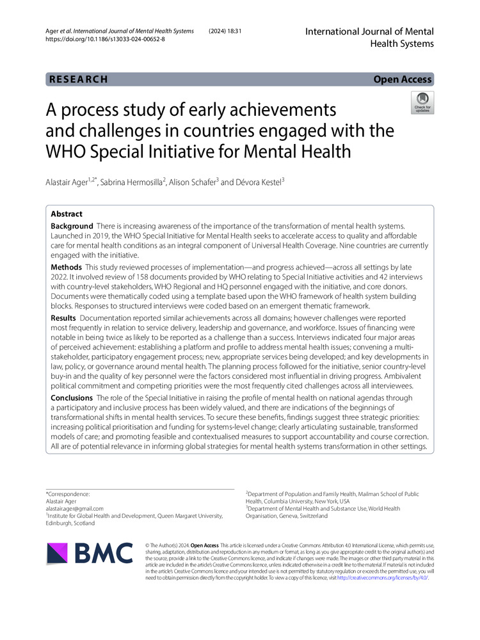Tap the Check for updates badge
point(423,102)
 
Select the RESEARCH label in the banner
point(77,79)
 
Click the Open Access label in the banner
point(403,79)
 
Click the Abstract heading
point(67,214)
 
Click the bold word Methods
point(67,267)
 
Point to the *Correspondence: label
point(68,494)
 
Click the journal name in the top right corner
point(369,37)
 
